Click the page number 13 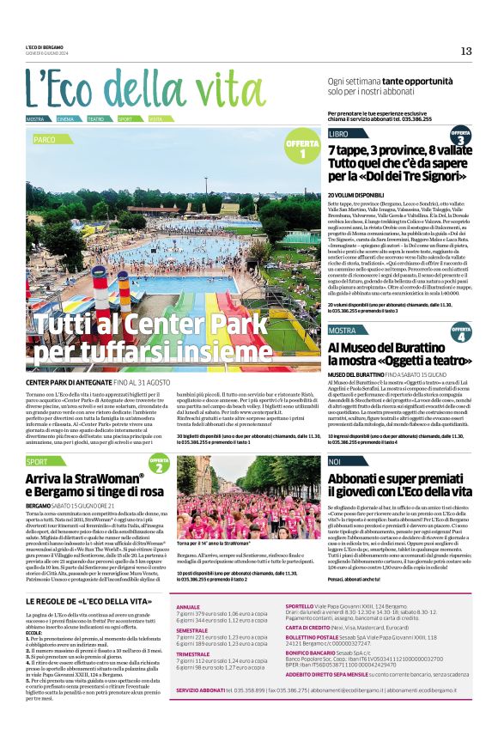[465, 51]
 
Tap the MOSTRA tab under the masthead [35, 118]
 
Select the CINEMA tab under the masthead [66, 118]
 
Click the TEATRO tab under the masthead [95, 118]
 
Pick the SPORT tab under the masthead [125, 118]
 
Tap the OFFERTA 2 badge [158, 464]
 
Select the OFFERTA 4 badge [460, 332]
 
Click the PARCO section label [46, 138]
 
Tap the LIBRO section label [338, 134]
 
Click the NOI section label [335, 462]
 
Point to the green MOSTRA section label [342, 330]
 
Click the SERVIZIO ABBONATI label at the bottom [206, 714]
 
